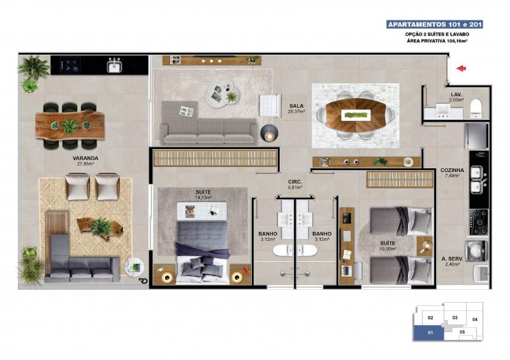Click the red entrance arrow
coord(461,68)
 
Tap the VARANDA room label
coord(85,159)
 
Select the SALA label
coord(296,106)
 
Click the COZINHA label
coord(452,170)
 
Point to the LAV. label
coord(456,95)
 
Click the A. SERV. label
coord(452,259)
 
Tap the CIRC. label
coord(295,182)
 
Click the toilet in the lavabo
coord(476,108)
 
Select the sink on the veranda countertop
coord(114,66)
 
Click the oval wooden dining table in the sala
coord(356,115)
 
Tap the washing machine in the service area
coord(476,251)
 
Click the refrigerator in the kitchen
coord(476,136)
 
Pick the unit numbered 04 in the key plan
coord(474,319)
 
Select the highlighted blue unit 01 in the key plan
coord(428,333)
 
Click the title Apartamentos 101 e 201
coord(435,24)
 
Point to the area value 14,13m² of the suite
coord(203,197)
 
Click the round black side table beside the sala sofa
coord(269,133)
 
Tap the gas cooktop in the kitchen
coord(479,222)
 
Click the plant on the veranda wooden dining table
coord(70,126)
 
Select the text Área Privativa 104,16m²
coord(437,41)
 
